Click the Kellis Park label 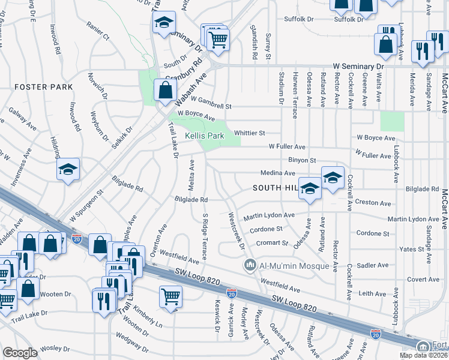pos(204,136)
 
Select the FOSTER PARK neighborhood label pos(43,87)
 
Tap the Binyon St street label pos(301,160)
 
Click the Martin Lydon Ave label pos(270,215)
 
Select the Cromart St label pos(273,242)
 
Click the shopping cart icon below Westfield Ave pos(171,296)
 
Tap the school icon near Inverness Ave pos(68,169)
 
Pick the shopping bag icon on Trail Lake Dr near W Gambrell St pos(164,90)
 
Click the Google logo pos(20,353)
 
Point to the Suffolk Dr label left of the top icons pos(298,19)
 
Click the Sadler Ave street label pos(372,265)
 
